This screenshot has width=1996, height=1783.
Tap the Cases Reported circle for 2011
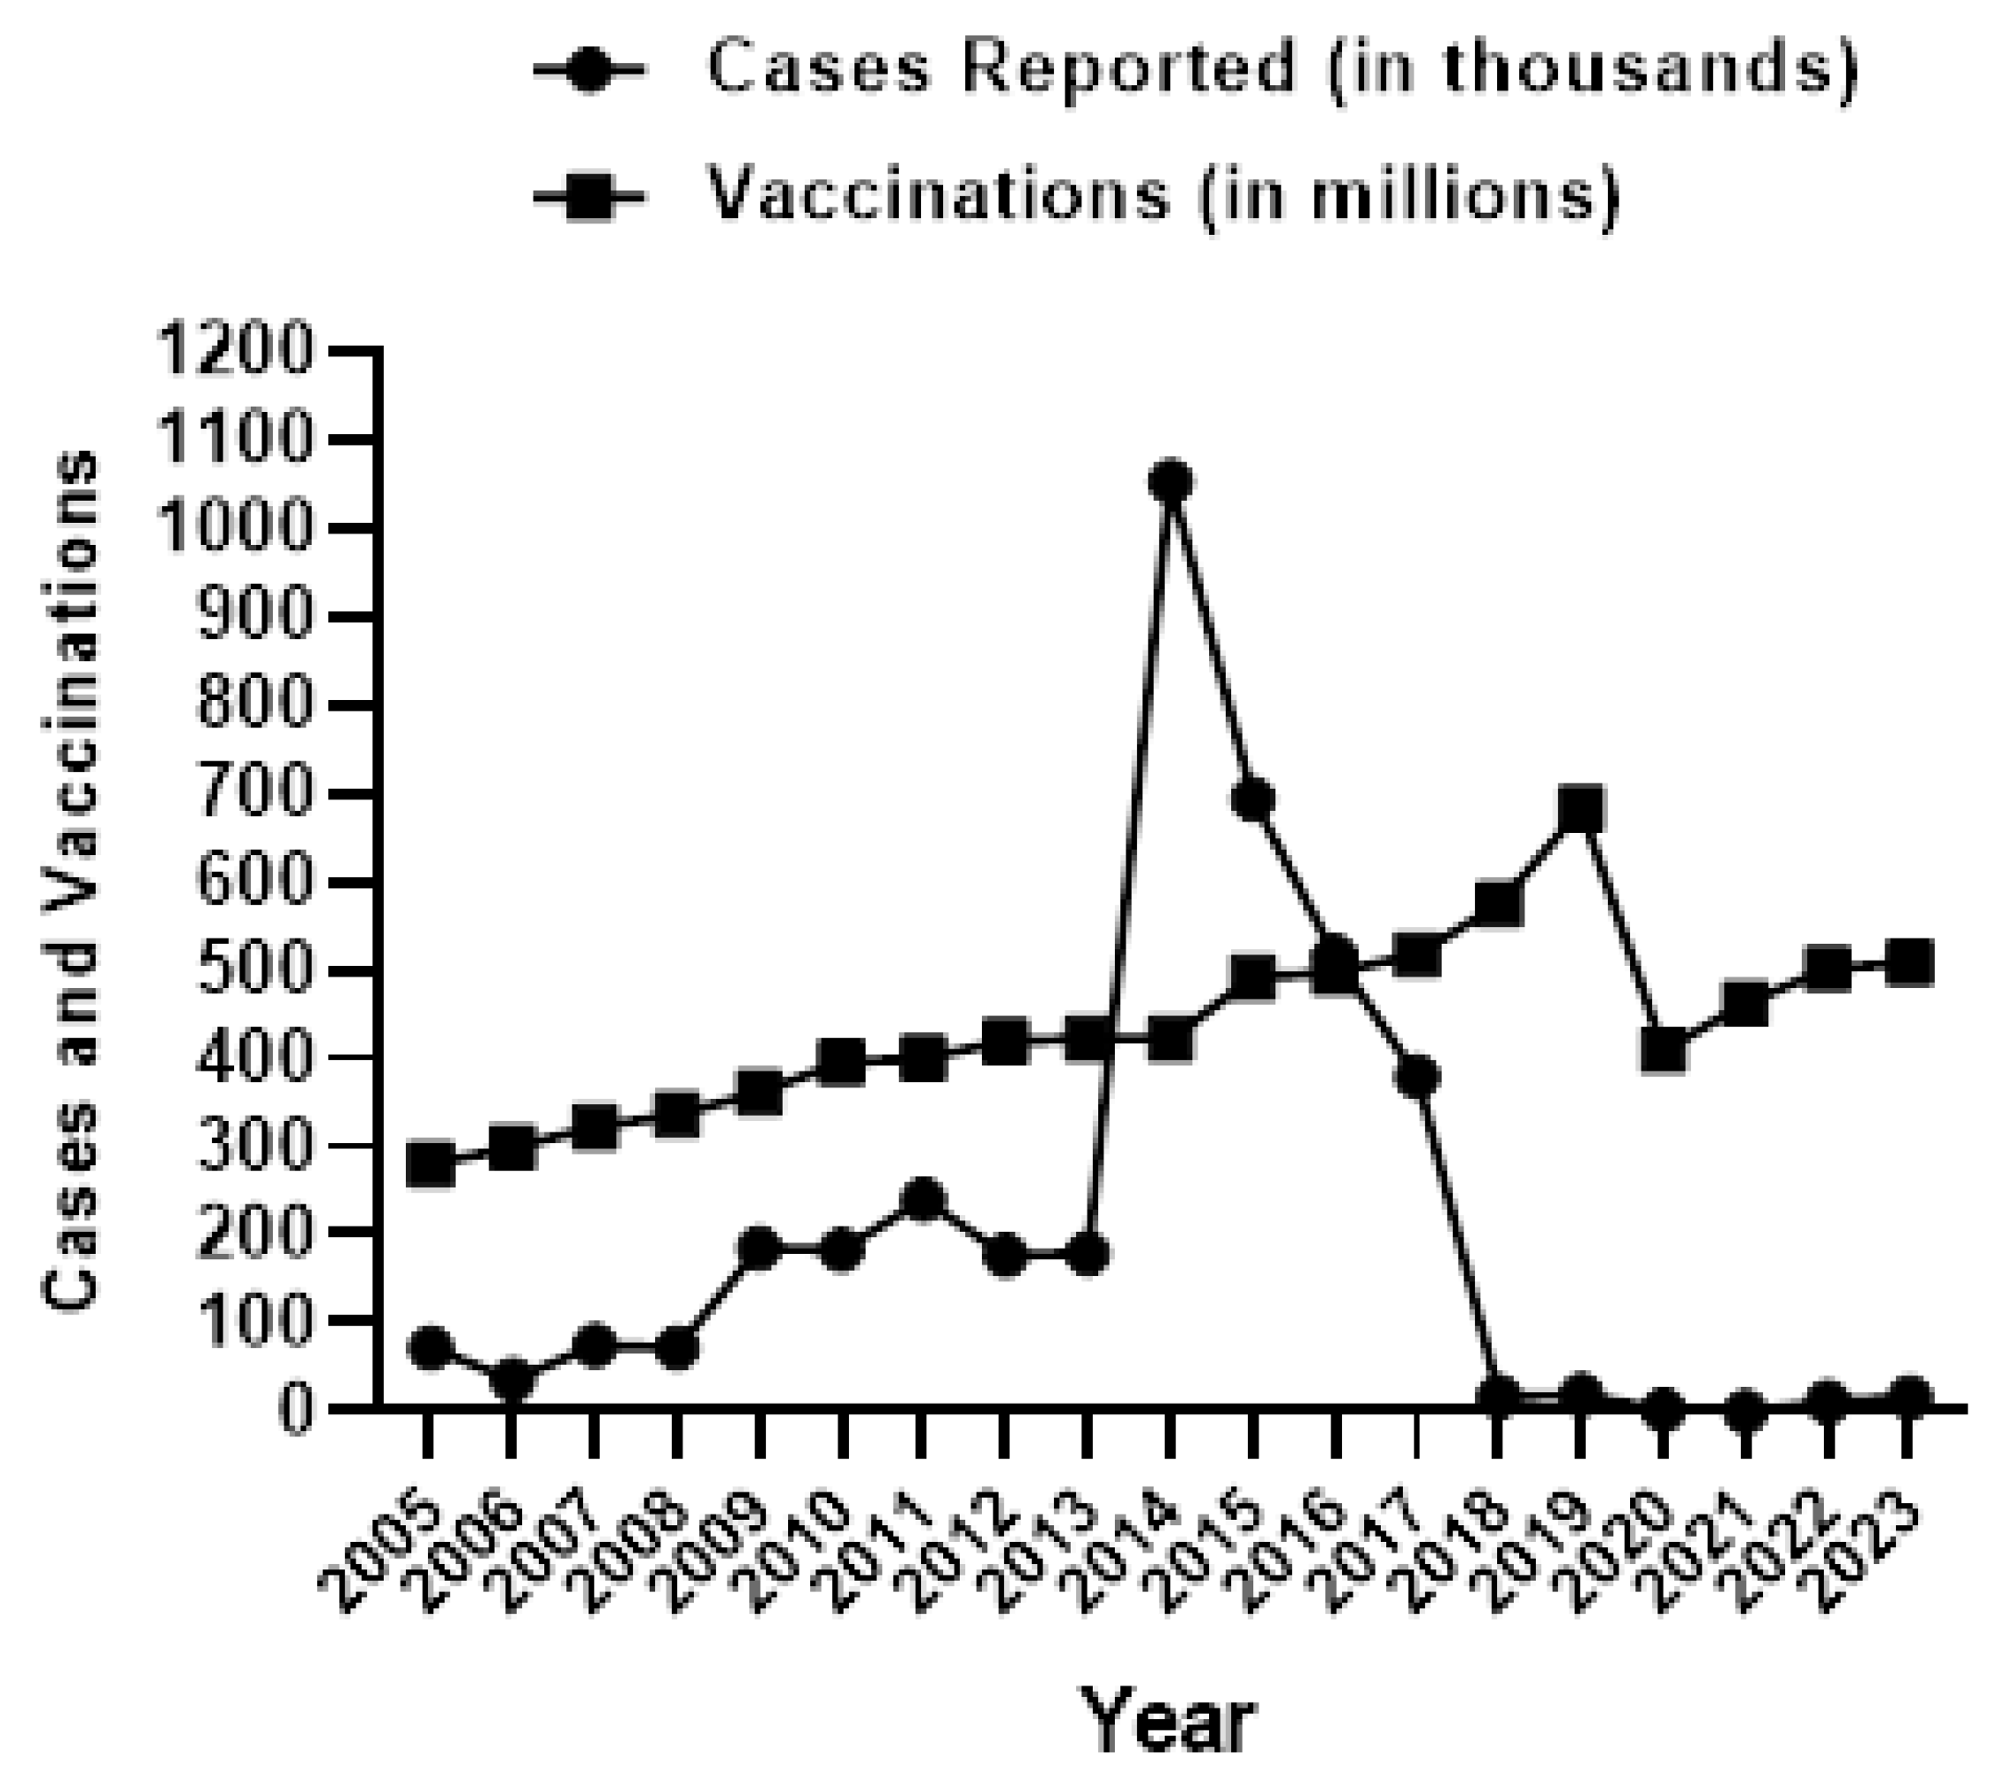[922, 1200]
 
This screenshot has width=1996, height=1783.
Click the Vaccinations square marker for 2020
[1663, 1051]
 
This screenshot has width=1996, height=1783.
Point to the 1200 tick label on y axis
[236, 351]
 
